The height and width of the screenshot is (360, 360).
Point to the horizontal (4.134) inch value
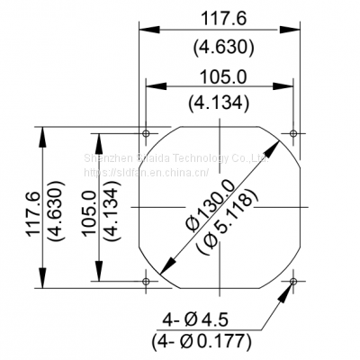[220, 103]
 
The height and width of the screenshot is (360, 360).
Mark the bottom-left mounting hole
[146, 281]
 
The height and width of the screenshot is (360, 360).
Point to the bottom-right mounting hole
[293, 281]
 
